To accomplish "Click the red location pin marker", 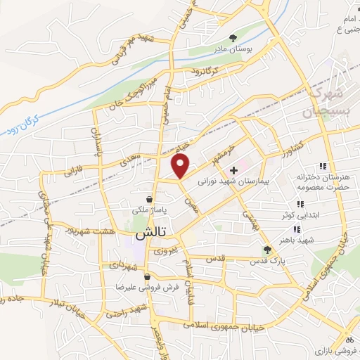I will (x=181, y=166).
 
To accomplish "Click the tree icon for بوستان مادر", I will (x=233, y=37).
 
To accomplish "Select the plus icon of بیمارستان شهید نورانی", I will (x=233, y=170).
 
